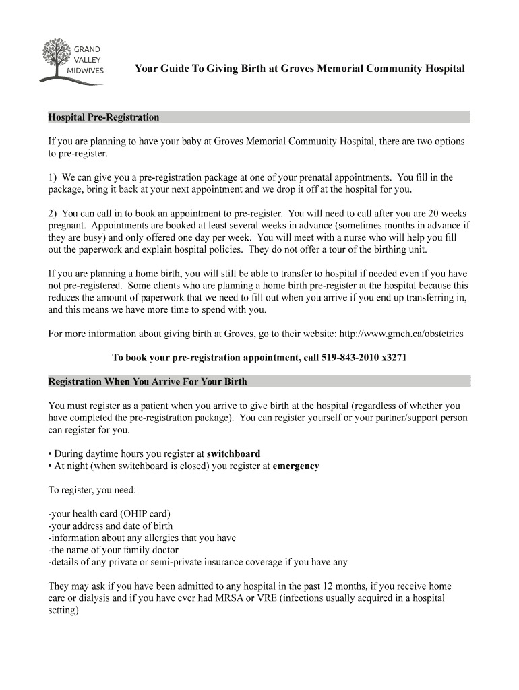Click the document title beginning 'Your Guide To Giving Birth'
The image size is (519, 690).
pos(299,69)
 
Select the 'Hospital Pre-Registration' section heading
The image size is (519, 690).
pos(104,117)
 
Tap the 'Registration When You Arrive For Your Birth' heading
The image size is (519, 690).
pos(148,381)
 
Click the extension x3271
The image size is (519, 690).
pos(394,358)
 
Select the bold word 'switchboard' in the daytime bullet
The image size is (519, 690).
pos(233,453)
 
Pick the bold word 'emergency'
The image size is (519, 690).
pos(296,466)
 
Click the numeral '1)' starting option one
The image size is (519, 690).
pos(54,177)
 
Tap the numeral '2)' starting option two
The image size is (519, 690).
pos(54,214)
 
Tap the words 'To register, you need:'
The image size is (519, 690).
pos(92,490)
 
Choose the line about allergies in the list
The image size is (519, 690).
pos(142,538)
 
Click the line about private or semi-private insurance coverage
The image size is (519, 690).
pos(197,562)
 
